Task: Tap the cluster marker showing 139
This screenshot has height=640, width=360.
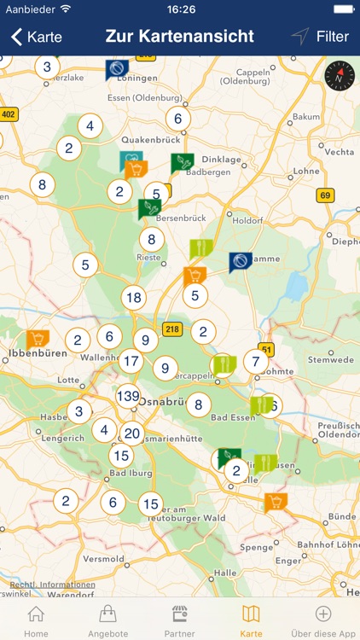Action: pyautogui.click(x=129, y=396)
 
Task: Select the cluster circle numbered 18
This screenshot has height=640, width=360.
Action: pyautogui.click(x=133, y=298)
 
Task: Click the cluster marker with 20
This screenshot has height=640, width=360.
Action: pyautogui.click(x=131, y=433)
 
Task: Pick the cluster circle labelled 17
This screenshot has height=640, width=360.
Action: pyautogui.click(x=131, y=361)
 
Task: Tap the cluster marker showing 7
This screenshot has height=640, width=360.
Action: pyautogui.click(x=256, y=361)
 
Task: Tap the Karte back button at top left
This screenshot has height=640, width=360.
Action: pyautogui.click(x=36, y=37)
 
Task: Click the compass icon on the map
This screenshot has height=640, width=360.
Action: pyautogui.click(x=337, y=78)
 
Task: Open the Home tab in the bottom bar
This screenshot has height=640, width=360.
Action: pyautogui.click(x=36, y=620)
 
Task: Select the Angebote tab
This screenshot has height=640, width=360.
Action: pyautogui.click(x=107, y=620)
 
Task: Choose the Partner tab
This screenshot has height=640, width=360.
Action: pyautogui.click(x=179, y=620)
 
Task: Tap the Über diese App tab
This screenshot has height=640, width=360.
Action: pyautogui.click(x=323, y=620)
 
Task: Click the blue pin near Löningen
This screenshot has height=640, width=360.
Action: pyautogui.click(x=117, y=68)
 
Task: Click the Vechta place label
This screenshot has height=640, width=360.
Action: pyautogui.click(x=340, y=152)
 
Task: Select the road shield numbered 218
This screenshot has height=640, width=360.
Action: pyautogui.click(x=173, y=329)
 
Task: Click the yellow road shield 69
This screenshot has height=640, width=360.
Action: pyautogui.click(x=325, y=195)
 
